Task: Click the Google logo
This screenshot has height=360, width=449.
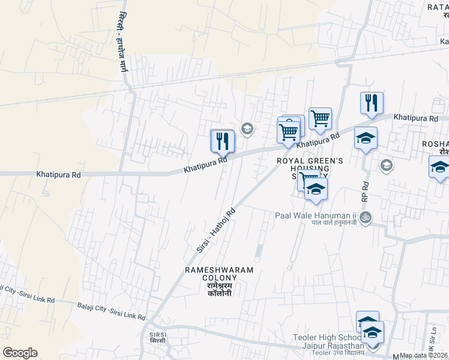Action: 20,353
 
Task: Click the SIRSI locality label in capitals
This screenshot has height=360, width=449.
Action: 158,333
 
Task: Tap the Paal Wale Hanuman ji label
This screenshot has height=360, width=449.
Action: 316,215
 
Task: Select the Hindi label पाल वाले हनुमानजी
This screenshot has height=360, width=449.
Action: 334,223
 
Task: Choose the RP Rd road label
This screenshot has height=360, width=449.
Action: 363,189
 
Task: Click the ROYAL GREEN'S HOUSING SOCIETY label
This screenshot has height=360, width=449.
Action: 310,169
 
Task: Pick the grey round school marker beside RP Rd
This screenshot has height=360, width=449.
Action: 386,164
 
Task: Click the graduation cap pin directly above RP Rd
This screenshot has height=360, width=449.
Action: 366,139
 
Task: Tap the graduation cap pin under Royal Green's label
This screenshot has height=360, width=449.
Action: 316,190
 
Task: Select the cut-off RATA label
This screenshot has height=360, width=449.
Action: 438,7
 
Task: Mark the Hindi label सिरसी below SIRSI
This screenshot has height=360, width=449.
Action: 158,341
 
